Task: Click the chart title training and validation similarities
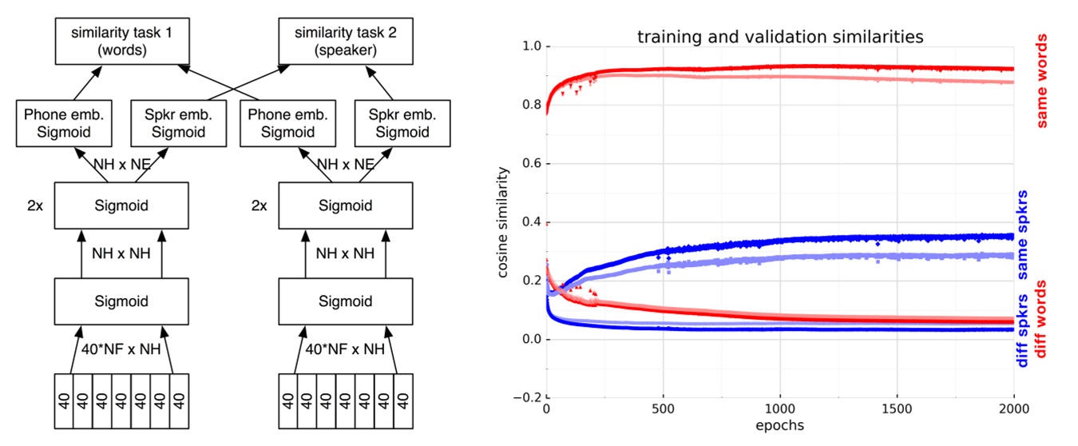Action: coord(779,38)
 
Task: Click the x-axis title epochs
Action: coord(779,424)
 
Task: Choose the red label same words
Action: coord(1042,80)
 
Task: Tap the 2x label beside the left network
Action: coord(34,205)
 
